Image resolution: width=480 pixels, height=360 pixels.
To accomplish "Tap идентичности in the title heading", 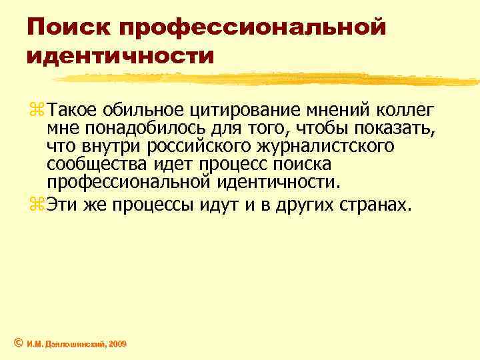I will click(x=121, y=55).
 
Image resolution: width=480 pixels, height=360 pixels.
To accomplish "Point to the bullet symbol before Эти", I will click(x=35, y=205).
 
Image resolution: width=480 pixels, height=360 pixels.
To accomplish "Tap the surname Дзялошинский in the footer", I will click(x=69, y=344).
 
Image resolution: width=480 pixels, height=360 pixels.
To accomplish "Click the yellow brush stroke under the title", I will click(x=267, y=80).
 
